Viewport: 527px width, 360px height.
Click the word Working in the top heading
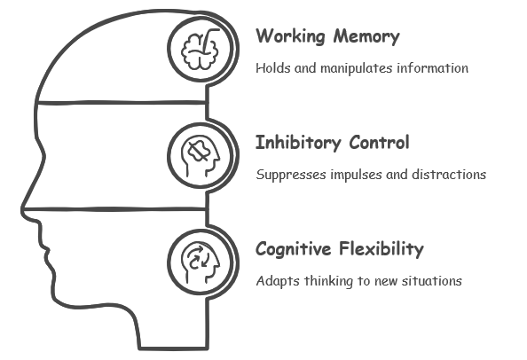coord(290,36)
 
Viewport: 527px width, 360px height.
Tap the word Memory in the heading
coord(366,36)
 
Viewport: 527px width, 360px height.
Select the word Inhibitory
coord(298,143)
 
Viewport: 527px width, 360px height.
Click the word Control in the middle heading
coord(379,143)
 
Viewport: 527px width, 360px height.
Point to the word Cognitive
coord(293,249)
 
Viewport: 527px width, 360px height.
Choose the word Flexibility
coord(381,249)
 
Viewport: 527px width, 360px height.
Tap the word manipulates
coord(357,68)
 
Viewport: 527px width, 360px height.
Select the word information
coord(433,68)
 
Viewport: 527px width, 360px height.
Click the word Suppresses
coord(291,175)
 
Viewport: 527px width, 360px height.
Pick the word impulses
coord(356,175)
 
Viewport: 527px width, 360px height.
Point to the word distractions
coord(449,175)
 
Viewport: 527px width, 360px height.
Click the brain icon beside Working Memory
coord(200,50)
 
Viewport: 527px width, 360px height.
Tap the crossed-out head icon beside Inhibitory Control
coord(201,156)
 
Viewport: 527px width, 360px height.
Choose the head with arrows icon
coord(201,262)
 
